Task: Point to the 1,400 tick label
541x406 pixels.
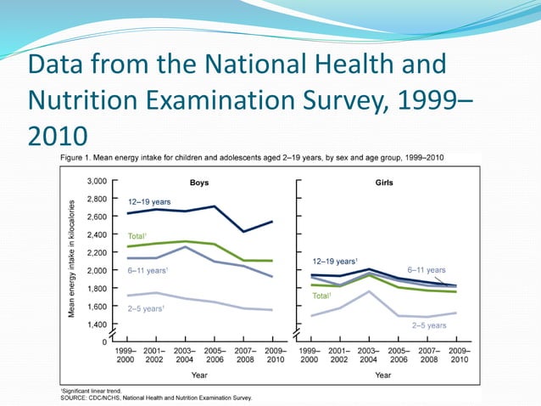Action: click(97, 324)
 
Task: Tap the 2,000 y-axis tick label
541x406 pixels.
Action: click(97, 270)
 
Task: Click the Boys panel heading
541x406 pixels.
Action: click(200, 182)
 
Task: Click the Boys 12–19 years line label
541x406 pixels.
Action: click(149, 201)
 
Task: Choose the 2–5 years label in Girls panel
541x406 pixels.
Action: click(429, 324)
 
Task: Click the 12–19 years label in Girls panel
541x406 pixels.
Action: click(334, 261)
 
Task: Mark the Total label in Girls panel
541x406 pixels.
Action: click(321, 296)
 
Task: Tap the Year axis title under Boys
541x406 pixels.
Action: click(199, 375)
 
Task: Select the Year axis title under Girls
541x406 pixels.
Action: click(382, 375)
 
